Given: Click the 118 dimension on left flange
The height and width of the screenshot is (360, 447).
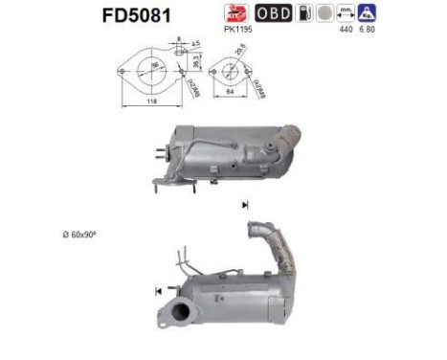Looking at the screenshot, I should click(x=145, y=99).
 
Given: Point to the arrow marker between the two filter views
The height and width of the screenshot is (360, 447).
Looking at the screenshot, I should click(x=246, y=205).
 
